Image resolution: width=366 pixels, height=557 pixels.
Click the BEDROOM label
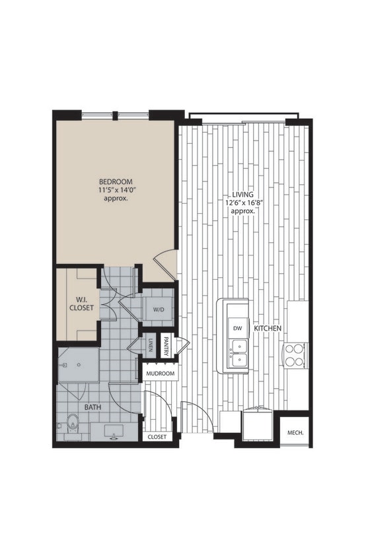tap(116, 181)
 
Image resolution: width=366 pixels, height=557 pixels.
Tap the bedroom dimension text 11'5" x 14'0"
tap(116, 189)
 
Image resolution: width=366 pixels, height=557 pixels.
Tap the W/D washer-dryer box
tap(159, 309)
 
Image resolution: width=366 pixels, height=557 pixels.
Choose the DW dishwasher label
tap(237, 328)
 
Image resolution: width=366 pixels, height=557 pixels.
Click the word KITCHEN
tap(268, 328)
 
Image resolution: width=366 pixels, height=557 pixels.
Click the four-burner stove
tap(295, 354)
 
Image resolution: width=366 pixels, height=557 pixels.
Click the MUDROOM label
tap(161, 374)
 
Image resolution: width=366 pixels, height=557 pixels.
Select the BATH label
tap(92, 408)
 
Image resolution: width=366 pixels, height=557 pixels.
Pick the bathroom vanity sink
tap(112, 432)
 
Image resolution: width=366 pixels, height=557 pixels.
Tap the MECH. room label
tap(295, 433)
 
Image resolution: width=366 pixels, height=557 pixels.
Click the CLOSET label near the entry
tap(157, 437)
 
